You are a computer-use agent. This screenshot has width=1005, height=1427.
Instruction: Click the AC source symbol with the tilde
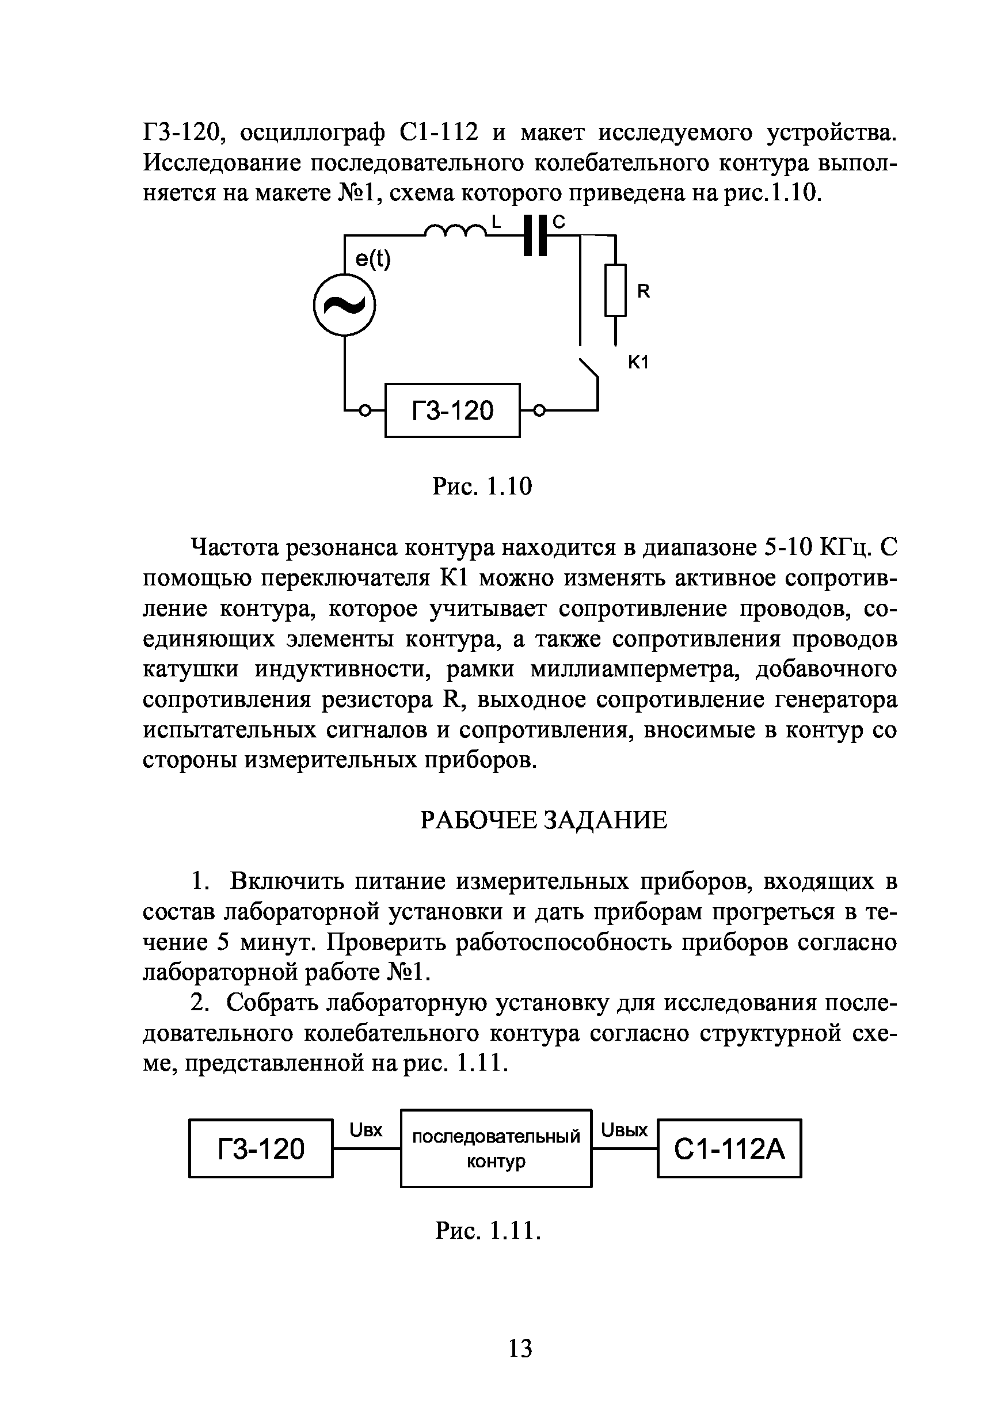(344, 305)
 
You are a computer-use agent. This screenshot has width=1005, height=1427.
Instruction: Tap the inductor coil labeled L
(455, 231)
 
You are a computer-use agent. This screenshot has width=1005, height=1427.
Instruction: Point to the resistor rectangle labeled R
(615, 290)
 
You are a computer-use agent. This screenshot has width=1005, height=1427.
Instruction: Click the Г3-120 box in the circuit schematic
(452, 410)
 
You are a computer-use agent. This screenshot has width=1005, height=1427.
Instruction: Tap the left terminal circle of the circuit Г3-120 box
(366, 410)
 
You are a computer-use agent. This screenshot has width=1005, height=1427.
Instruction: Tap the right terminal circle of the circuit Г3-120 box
(539, 410)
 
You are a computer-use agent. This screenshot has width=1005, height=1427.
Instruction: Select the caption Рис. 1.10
(482, 486)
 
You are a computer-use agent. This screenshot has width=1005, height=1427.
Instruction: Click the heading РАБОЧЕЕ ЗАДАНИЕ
(544, 820)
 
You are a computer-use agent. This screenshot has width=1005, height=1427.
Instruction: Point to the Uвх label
(366, 1130)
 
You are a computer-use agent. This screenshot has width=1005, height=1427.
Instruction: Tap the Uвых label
(625, 1130)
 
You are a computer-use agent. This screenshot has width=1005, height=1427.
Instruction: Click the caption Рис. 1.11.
(489, 1230)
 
